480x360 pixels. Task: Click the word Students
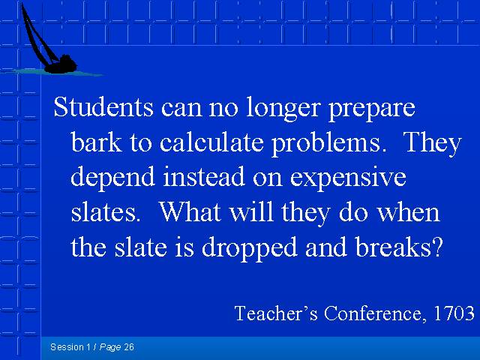[x=103, y=106]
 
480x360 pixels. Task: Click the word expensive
[x=348, y=178]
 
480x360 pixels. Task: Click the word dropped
[x=250, y=248]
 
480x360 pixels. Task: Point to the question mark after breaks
[x=438, y=247]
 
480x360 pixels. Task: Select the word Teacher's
[x=276, y=313]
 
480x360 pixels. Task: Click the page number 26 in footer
[x=129, y=347]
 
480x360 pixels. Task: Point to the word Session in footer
[x=67, y=347]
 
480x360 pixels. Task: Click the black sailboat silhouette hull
[x=61, y=65]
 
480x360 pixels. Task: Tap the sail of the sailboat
[x=38, y=37]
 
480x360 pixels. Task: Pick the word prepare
[x=372, y=109]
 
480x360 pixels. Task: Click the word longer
[x=283, y=109]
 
